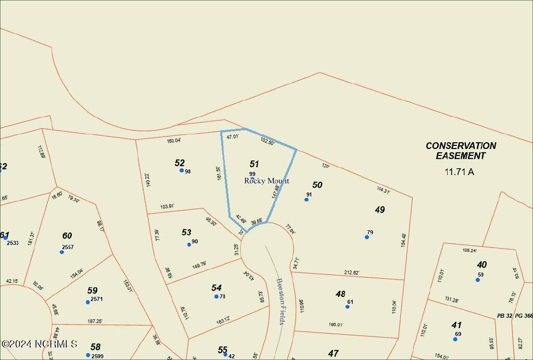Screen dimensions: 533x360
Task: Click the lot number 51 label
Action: [254, 164]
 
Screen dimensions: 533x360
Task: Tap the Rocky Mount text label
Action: [266, 181]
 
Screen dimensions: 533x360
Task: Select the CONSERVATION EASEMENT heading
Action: [461, 151]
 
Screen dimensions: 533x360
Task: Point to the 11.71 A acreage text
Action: [459, 171]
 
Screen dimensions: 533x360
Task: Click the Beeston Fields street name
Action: [281, 301]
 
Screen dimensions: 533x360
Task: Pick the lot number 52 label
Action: [180, 163]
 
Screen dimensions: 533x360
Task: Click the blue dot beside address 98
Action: [182, 170]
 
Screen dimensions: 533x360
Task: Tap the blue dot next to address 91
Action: [307, 200]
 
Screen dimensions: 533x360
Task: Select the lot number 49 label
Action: [380, 209]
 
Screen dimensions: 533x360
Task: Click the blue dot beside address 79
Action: [367, 237]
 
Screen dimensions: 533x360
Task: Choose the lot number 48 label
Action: [340, 294]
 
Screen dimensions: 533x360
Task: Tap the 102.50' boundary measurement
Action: [268, 141]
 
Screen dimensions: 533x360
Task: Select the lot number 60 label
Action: [67, 235]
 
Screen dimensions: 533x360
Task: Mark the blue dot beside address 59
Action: [478, 280]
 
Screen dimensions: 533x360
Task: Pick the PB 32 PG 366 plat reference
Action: [514, 316]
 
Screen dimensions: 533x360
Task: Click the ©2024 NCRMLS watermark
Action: [39, 344]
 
